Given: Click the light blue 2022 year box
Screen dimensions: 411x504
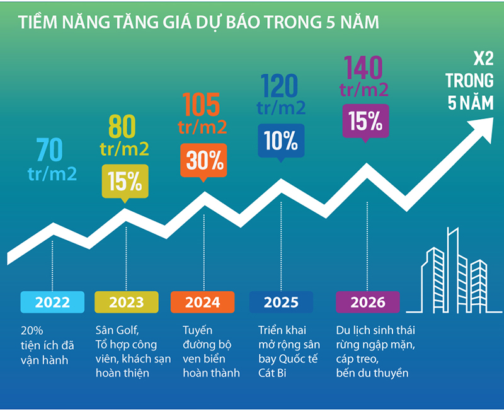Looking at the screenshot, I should point(52,302).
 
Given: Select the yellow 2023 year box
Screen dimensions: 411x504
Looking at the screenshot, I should point(126,302).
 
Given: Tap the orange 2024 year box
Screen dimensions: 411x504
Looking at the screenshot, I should point(203,302).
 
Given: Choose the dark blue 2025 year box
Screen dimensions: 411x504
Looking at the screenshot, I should point(281,302).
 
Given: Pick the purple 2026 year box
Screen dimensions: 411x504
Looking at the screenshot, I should point(368,302).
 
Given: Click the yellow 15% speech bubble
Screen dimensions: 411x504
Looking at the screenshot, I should point(125,181).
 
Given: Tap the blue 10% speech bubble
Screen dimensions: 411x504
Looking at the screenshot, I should point(281,141).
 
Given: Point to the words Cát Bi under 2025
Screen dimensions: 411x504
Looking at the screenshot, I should point(275,373).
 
